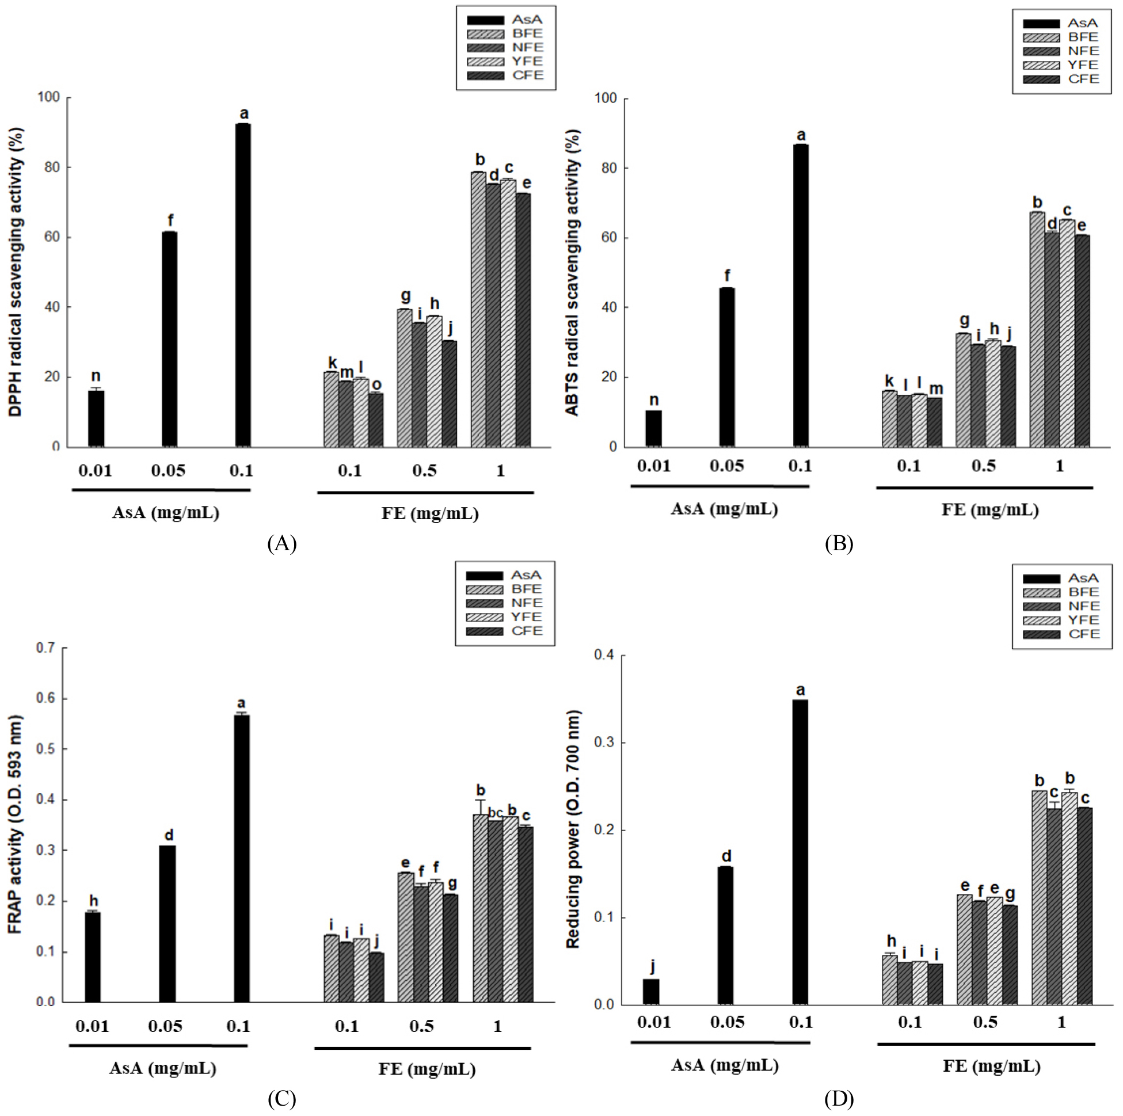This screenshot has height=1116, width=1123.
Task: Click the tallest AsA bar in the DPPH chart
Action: click(x=243, y=285)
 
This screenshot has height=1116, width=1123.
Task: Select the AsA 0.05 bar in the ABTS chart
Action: click(x=726, y=367)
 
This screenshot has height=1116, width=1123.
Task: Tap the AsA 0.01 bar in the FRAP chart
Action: click(x=93, y=957)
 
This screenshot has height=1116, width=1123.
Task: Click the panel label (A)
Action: click(x=282, y=543)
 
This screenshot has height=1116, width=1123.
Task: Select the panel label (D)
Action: click(x=839, y=1099)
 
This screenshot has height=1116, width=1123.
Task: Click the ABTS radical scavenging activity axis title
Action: click(x=573, y=272)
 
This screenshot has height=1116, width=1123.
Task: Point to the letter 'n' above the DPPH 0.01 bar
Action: click(x=96, y=376)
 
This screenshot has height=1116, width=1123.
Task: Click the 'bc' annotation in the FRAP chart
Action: click(x=495, y=813)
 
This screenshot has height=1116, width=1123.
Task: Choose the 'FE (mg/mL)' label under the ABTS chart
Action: click(x=990, y=510)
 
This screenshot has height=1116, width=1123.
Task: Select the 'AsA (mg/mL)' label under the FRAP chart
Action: click(x=163, y=1068)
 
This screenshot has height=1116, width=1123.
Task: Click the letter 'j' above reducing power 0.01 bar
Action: click(x=653, y=966)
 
